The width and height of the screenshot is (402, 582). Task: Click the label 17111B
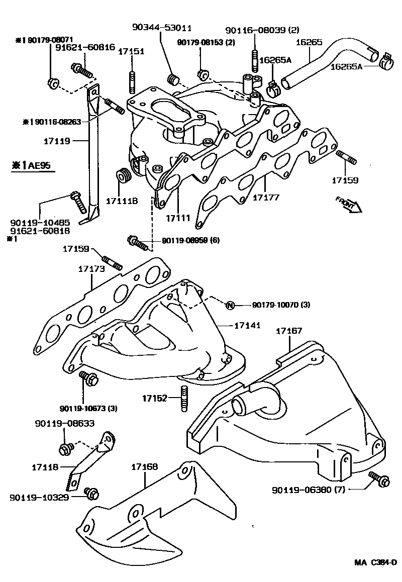122,201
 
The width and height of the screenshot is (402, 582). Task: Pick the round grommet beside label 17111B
123,176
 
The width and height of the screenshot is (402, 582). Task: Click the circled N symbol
230,305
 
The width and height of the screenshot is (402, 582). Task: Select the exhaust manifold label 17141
247,326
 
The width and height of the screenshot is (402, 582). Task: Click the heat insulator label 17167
289,331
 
